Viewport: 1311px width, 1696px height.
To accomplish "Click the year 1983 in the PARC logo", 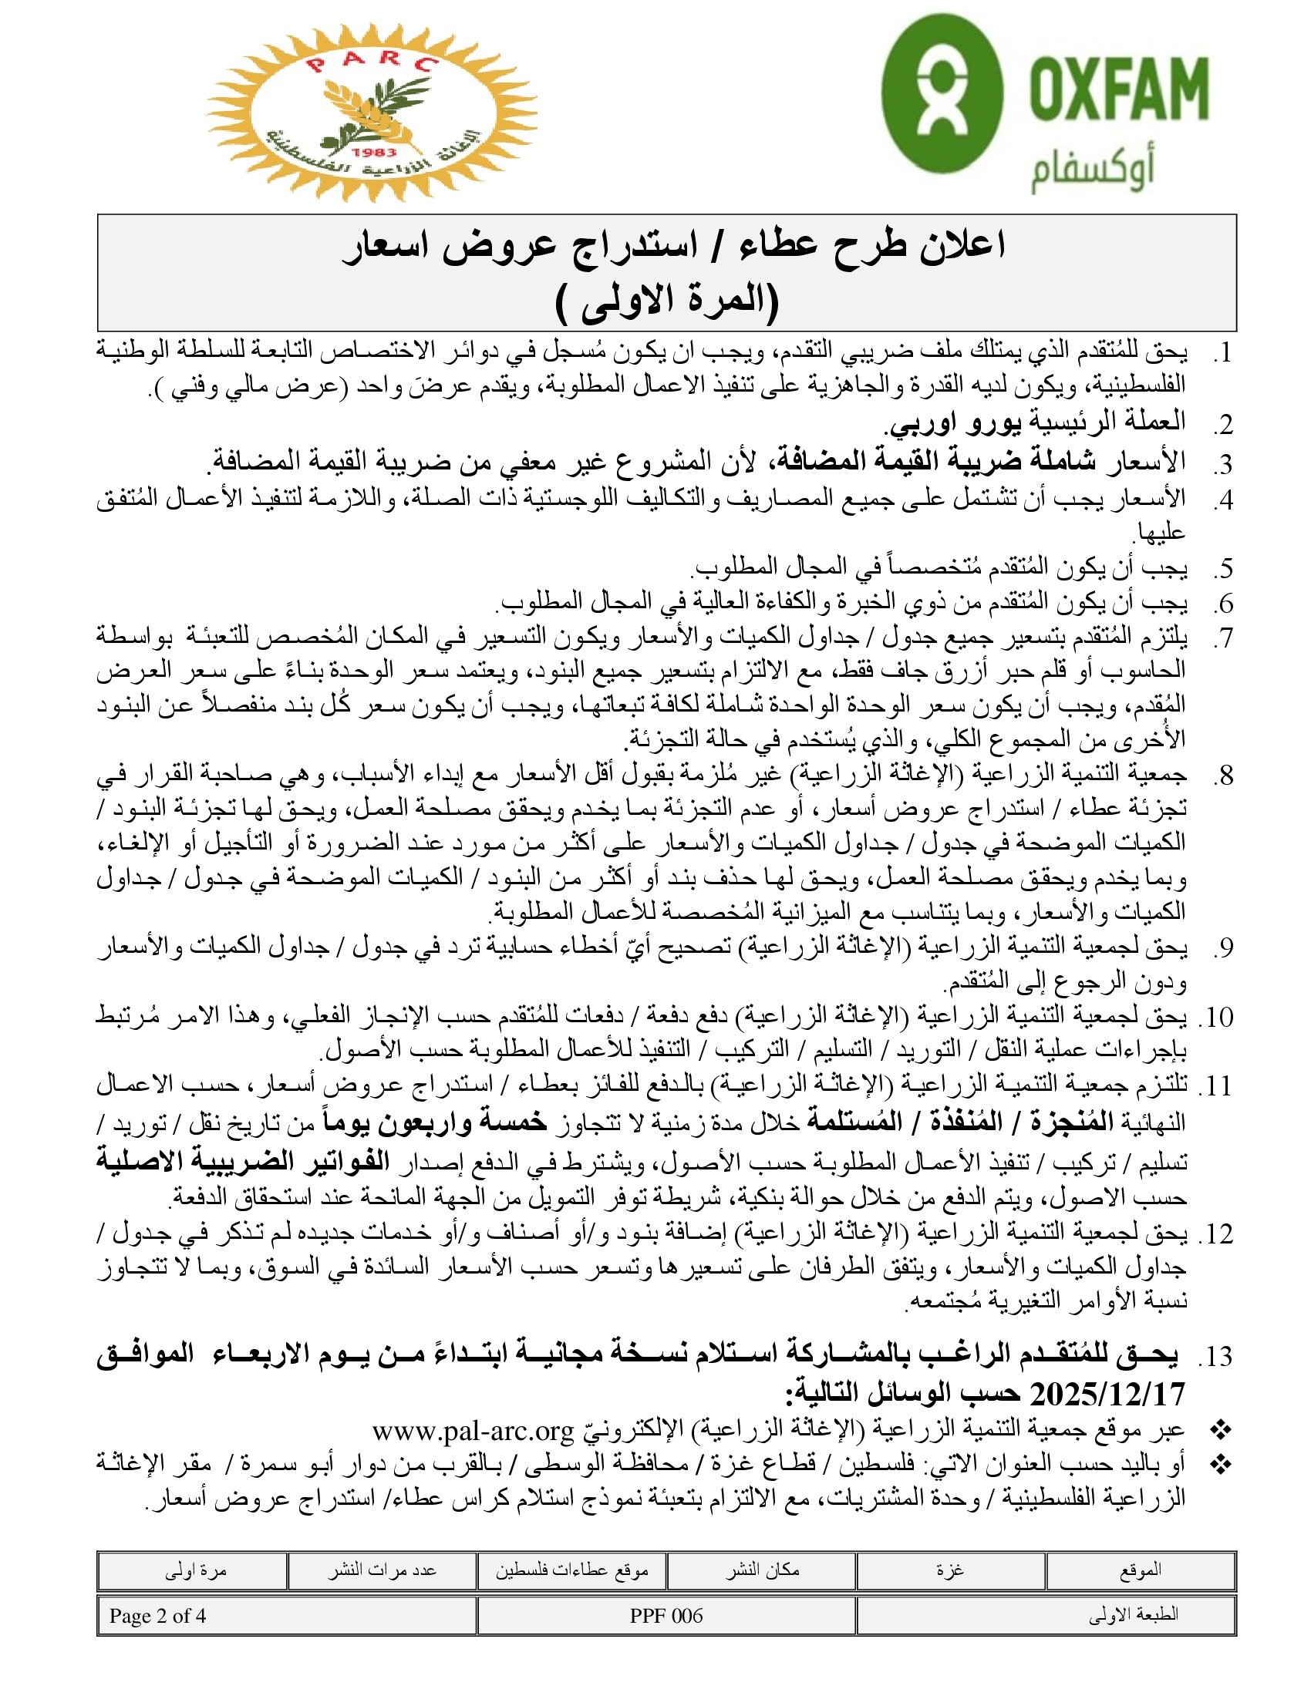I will (x=372, y=152).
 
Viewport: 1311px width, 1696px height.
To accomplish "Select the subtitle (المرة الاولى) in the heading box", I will (x=667, y=301).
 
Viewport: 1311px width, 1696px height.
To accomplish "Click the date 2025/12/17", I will (x=1107, y=1394).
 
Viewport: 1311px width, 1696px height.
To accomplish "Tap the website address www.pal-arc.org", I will (x=472, y=1429).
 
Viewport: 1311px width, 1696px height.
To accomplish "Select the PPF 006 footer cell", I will (x=666, y=1616).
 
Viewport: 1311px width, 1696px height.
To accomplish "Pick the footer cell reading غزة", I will (x=951, y=1570).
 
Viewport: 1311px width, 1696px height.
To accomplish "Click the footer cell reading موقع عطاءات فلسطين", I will (x=571, y=1570).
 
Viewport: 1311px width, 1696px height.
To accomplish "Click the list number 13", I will (x=1215, y=1357).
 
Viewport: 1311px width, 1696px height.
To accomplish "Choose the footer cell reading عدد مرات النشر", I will (x=381, y=1570).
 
